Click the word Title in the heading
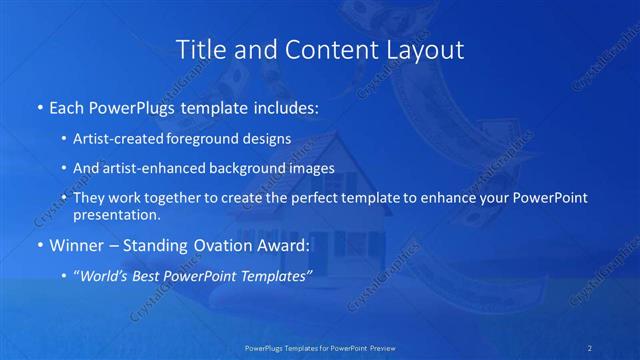click(199, 49)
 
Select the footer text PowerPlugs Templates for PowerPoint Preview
click(319, 348)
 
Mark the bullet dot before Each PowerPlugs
click(38, 106)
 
